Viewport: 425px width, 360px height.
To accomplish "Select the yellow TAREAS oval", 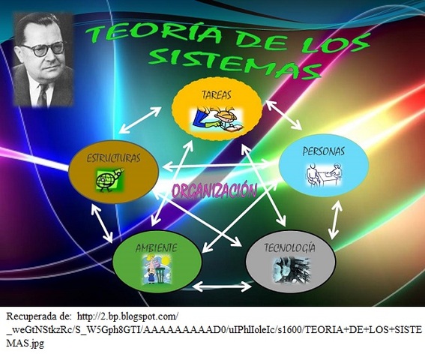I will pos(217,109).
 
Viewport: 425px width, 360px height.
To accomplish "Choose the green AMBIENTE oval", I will pos(157,259).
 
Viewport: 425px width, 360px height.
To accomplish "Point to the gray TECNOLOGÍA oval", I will pos(289,259).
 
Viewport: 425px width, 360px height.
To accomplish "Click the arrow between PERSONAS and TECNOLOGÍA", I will pos(335,218).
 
